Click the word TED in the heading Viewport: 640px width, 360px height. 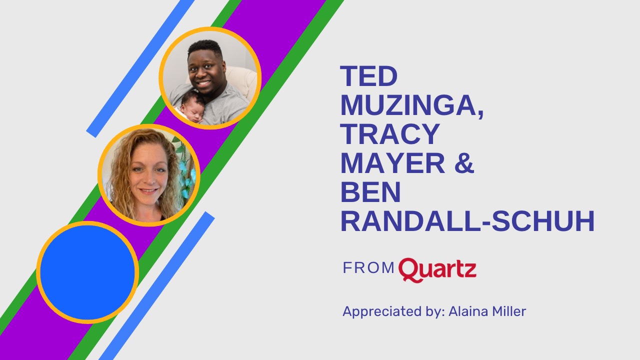pyautogui.click(x=369, y=76)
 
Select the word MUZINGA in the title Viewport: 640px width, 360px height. pyautogui.click(x=411, y=105)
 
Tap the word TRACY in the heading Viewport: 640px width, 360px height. pyautogui.click(x=390, y=134)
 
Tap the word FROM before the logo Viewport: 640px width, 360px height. pyautogui.click(x=368, y=268)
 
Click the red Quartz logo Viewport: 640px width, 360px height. pyautogui.click(x=437, y=269)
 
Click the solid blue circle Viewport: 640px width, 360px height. pyautogui.click(x=87, y=272)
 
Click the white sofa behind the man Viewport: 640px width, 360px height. pyautogui.click(x=242, y=80)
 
